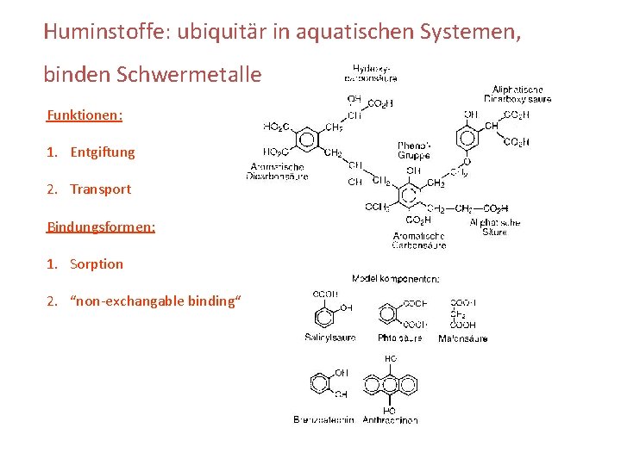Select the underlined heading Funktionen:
[x=85, y=115]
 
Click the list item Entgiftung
[x=103, y=152]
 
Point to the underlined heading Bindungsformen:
[x=101, y=227]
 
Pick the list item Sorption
[x=97, y=264]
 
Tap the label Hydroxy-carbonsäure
[x=371, y=71]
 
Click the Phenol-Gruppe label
[x=414, y=151]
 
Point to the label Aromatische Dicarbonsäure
[x=277, y=170]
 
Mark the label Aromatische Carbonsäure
[x=418, y=240]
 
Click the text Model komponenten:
[x=396, y=278]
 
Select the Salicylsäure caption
[x=329, y=338]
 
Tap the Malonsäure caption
[x=462, y=338]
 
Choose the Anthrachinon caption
[x=390, y=419]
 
